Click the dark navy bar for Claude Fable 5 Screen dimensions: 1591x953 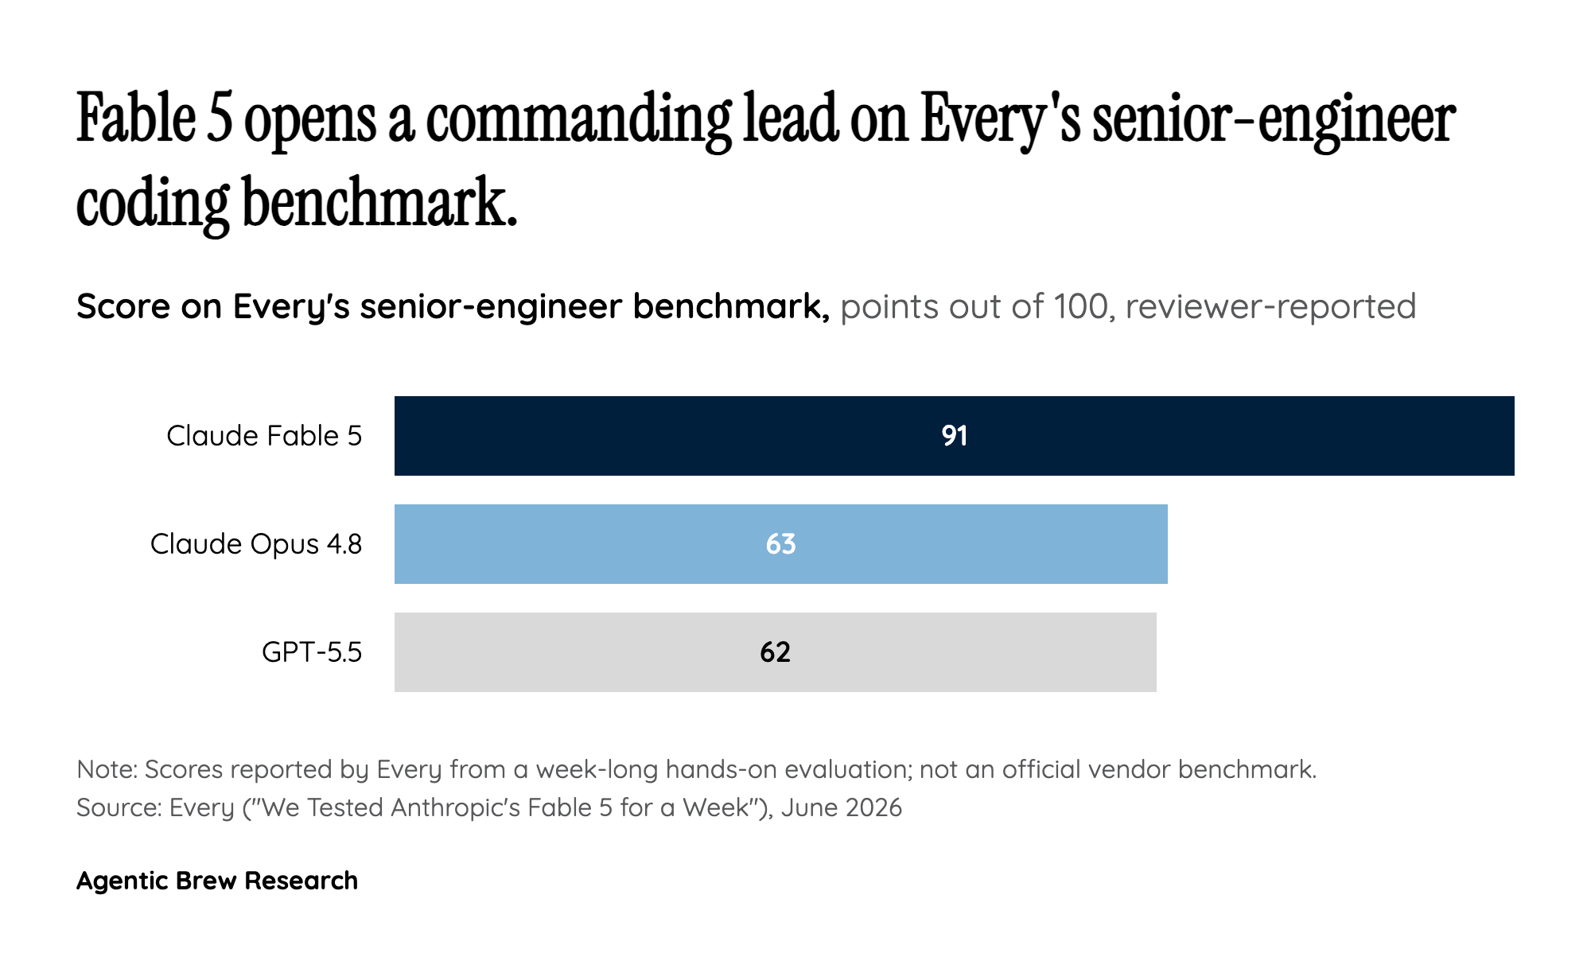[955, 436]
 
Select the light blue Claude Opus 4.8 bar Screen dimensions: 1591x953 [781, 544]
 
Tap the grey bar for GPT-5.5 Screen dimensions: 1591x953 [776, 652]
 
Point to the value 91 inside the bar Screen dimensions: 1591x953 [955, 436]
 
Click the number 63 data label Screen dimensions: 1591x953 [781, 544]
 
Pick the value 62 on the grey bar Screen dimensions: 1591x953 [776, 652]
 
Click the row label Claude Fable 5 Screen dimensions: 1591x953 [264, 436]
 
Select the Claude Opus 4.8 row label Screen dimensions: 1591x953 [256, 544]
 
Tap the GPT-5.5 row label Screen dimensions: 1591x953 [312, 652]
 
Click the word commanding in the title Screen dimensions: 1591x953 [578, 121]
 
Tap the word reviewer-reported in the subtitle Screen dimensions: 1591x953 [1271, 308]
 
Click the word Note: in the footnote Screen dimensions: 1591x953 [107, 769]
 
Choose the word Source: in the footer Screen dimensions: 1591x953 [119, 807]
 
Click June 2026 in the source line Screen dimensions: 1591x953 [842, 807]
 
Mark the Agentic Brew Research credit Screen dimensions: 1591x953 [217, 881]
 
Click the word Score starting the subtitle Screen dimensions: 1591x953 [123, 306]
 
